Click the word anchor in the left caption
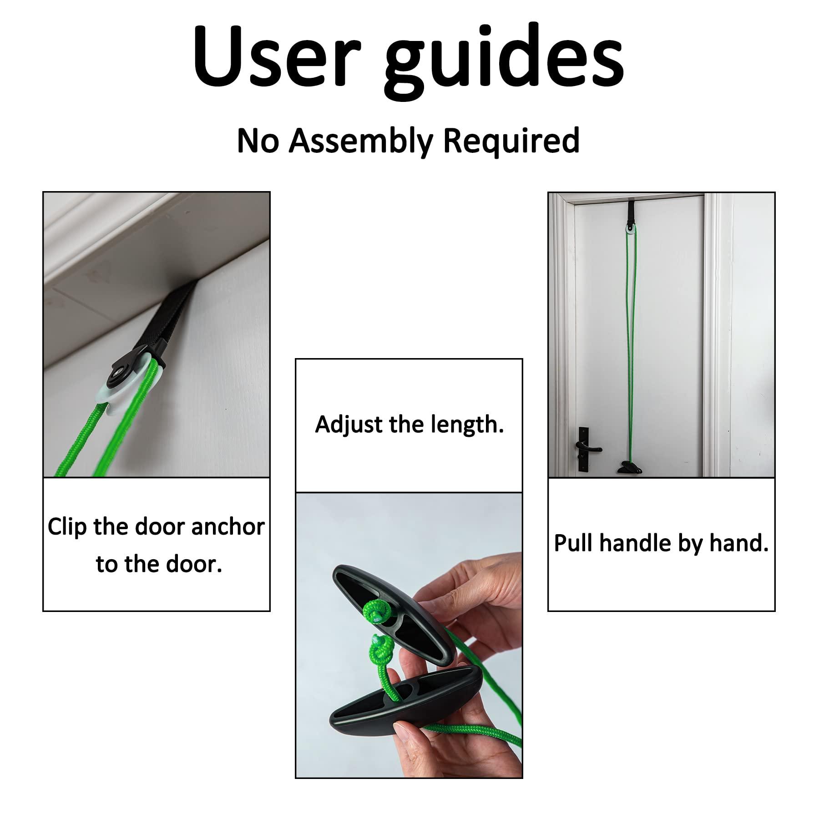click(227, 527)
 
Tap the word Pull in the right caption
click(573, 544)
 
